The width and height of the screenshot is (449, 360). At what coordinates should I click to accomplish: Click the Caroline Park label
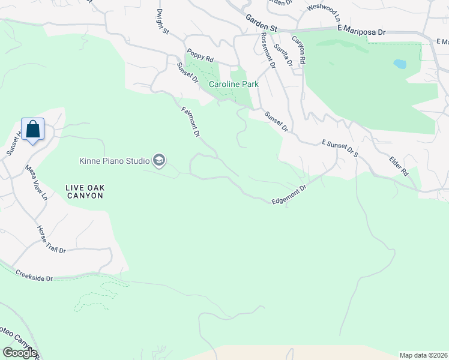point(234,85)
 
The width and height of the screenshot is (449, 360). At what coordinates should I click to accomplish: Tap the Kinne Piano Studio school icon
point(159,160)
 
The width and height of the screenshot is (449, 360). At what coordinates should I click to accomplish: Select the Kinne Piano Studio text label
point(115,161)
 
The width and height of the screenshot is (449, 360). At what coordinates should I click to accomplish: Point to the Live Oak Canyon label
point(85,192)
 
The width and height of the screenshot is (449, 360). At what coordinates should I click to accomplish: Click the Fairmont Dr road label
point(190,122)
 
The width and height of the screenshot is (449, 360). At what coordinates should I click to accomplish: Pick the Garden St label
point(262,24)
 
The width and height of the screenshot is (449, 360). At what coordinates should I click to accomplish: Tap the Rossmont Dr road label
point(268,49)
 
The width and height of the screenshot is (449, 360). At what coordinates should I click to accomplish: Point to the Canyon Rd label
point(298,50)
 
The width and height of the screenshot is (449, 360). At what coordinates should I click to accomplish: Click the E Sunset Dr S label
point(340,148)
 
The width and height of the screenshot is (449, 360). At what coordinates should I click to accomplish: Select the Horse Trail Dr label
point(51,240)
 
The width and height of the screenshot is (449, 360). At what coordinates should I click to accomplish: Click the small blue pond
point(399,63)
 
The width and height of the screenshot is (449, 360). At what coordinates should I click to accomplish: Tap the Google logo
point(19,353)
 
